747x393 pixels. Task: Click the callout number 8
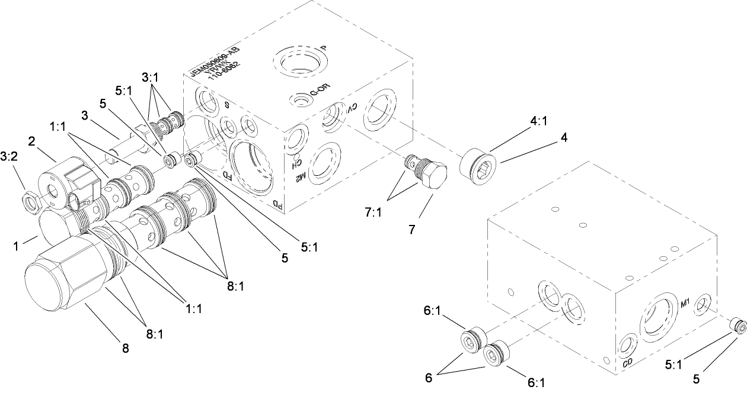[x=125, y=349]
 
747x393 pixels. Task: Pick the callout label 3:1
[x=151, y=77]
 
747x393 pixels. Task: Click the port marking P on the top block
[x=324, y=49]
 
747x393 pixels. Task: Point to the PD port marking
[x=277, y=205]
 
